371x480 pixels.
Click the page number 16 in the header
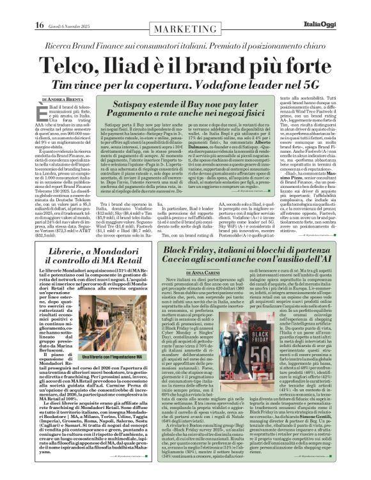(13, 8)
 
